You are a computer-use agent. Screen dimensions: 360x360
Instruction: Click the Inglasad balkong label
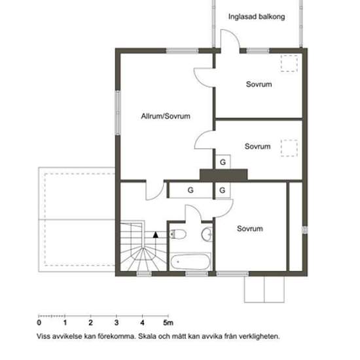click(x=257, y=17)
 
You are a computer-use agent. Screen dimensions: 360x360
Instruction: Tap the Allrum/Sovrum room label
click(x=166, y=116)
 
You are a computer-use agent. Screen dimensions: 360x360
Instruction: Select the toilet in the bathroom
click(x=178, y=234)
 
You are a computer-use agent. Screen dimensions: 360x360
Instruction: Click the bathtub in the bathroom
click(x=190, y=262)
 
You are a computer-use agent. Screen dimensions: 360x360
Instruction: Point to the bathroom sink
click(x=207, y=234)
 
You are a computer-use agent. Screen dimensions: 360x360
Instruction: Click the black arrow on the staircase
click(x=156, y=234)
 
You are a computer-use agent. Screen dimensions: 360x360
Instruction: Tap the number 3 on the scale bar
click(x=117, y=323)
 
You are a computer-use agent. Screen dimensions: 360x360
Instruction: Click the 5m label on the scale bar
click(x=168, y=323)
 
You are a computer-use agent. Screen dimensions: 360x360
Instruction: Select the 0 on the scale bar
click(x=39, y=323)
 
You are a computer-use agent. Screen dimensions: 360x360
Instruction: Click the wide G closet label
click(x=190, y=190)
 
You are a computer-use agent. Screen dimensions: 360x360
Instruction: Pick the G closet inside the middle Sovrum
click(x=223, y=162)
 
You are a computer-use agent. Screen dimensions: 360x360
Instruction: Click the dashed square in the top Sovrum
click(x=289, y=63)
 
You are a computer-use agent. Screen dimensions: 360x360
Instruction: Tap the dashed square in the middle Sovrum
click(x=289, y=148)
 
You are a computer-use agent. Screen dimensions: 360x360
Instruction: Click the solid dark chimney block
click(x=224, y=175)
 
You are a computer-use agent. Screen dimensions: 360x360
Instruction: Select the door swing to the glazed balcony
click(x=230, y=39)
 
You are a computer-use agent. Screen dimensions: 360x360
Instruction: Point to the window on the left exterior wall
click(x=118, y=113)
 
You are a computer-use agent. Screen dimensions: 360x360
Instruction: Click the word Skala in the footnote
click(x=147, y=336)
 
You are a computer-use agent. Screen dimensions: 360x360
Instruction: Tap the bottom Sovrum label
click(x=250, y=228)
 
